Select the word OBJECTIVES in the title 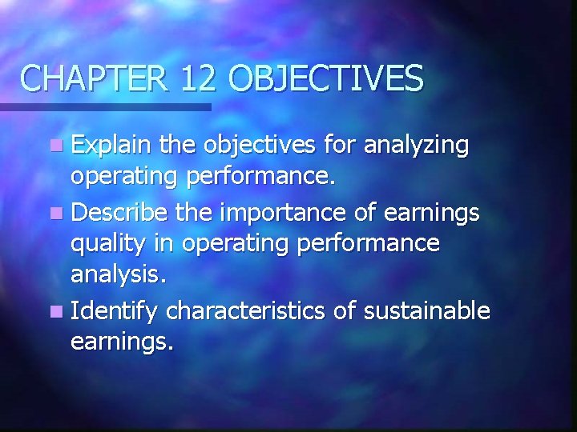tap(326, 78)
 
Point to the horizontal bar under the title tap(105, 106)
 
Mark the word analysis tap(118, 277)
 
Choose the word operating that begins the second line tap(125, 178)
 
